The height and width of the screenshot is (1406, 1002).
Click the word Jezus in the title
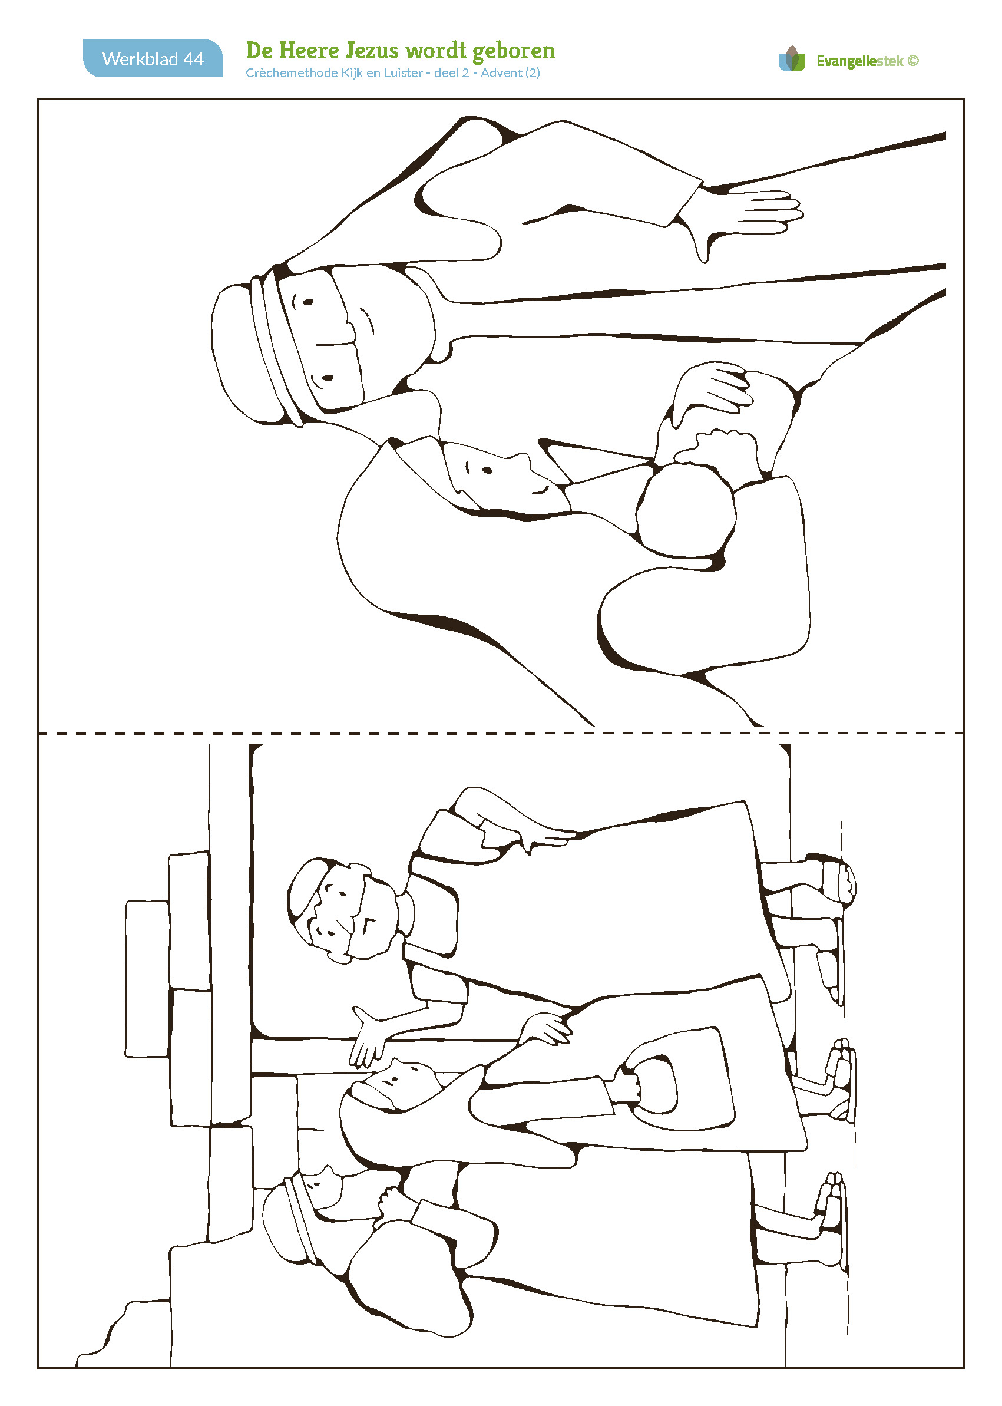tap(372, 51)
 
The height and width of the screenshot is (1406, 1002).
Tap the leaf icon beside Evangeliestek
tap(792, 59)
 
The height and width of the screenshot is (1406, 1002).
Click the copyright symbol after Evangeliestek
tap(913, 61)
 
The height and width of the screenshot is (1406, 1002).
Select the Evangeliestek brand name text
tap(859, 61)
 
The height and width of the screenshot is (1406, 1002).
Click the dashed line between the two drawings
tap(500, 733)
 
